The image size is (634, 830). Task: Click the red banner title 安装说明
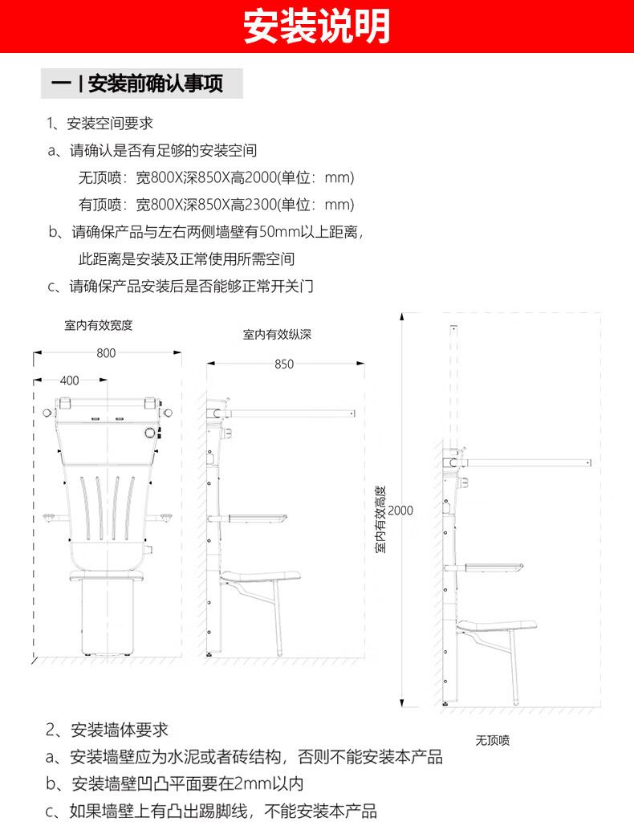317,26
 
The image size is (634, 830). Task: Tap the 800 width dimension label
106,353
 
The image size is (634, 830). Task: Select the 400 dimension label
70,380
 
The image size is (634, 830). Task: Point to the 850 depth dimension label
284,364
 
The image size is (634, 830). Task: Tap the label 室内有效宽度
98,325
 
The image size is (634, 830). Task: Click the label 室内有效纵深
277,335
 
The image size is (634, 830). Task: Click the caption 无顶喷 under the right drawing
492,740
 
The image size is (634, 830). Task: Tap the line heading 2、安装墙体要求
107,730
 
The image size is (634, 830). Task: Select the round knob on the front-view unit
149,433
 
